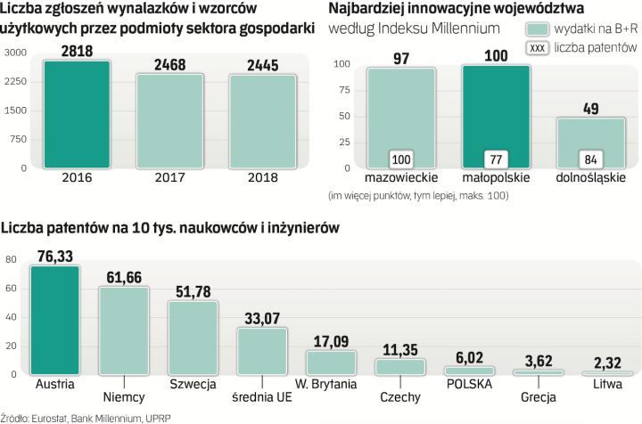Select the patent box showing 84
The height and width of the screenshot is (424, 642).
(590, 159)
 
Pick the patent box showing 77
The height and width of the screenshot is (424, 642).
(496, 159)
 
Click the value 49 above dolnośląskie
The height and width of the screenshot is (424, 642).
(590, 109)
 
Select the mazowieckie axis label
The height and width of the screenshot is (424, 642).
(401, 178)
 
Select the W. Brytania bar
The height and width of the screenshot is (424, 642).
(331, 362)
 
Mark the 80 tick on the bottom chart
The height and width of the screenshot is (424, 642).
(11, 260)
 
